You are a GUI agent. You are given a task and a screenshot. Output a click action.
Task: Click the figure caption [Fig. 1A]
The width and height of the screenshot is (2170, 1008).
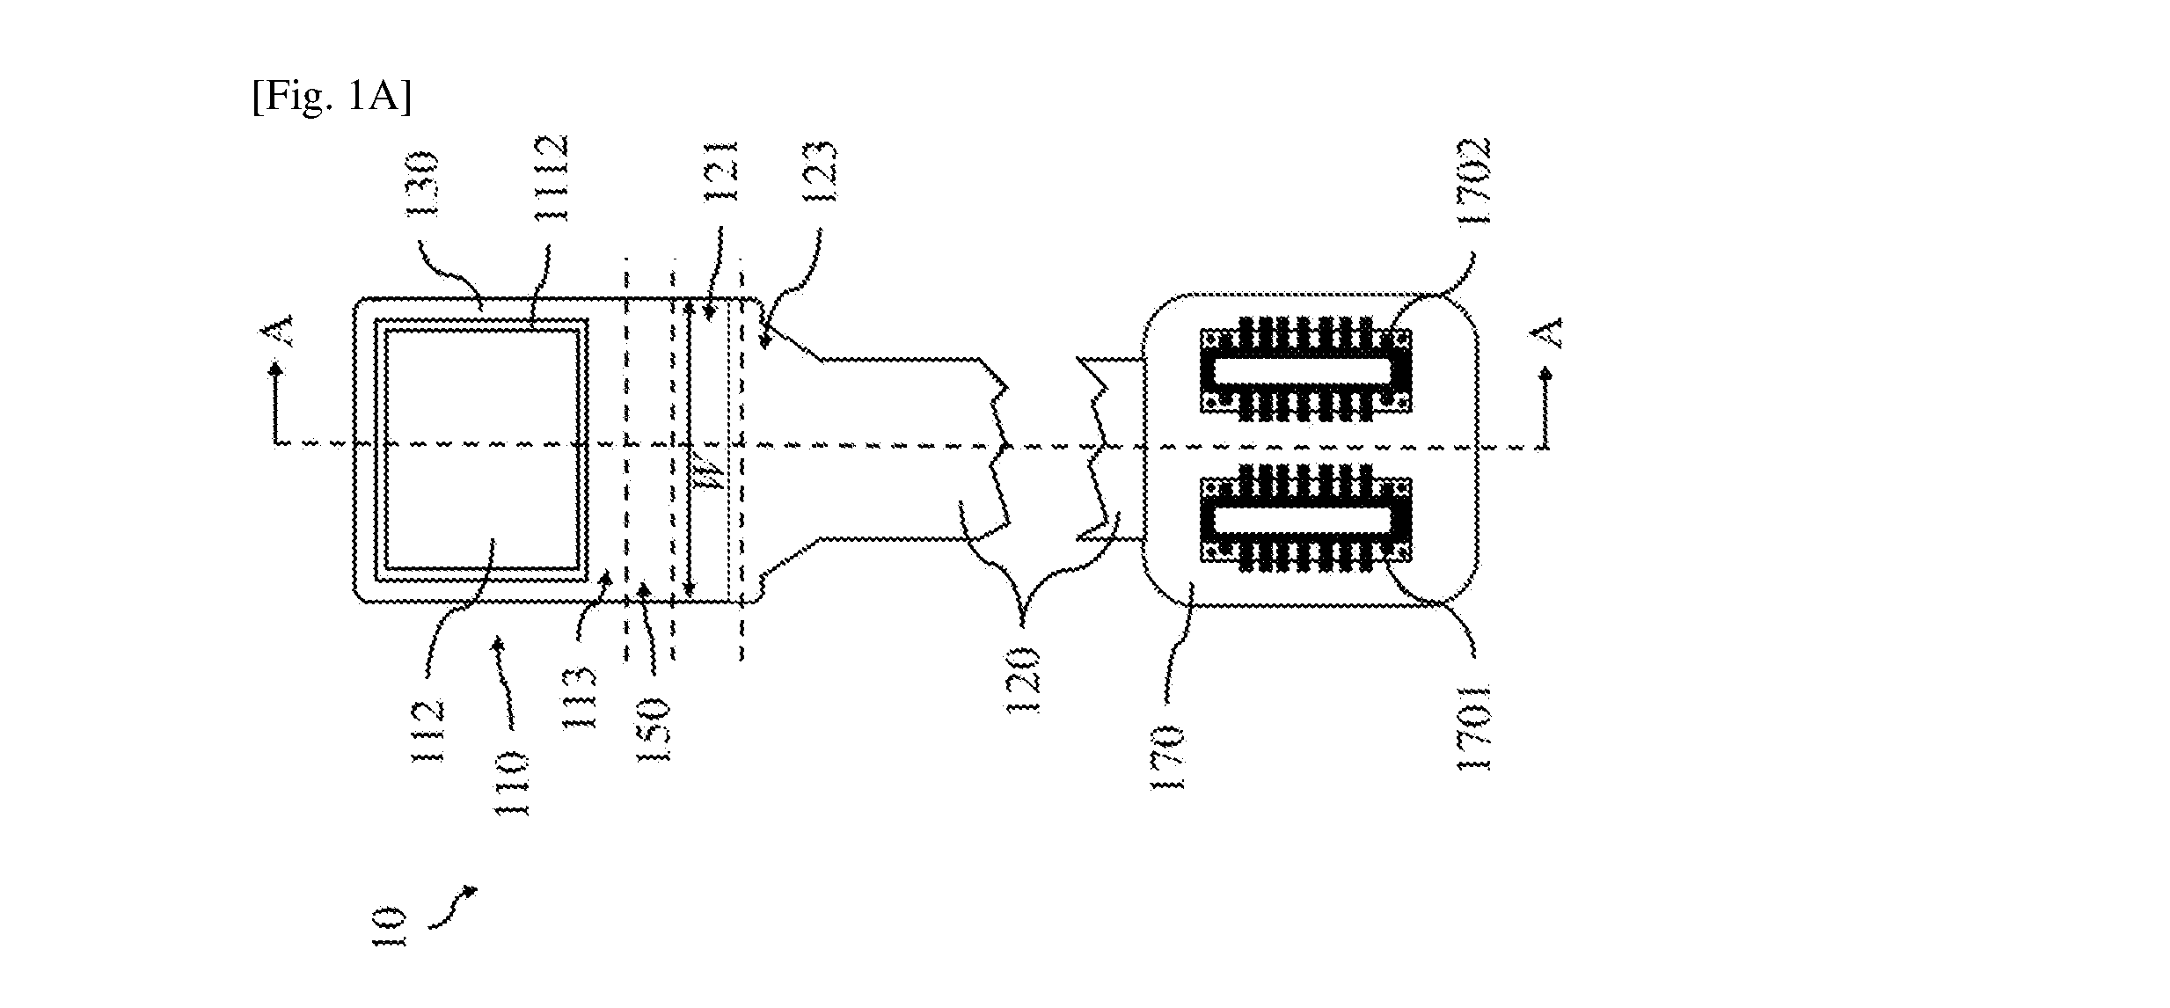coord(332,96)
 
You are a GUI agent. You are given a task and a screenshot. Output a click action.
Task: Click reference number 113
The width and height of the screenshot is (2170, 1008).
coord(581,699)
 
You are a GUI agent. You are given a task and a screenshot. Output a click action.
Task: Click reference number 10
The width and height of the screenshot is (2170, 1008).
coord(389,927)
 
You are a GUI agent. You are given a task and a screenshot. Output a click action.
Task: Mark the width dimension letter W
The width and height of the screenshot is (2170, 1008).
coord(717,477)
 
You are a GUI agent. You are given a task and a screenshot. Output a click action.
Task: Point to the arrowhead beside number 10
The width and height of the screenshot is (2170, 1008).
coord(471,891)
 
